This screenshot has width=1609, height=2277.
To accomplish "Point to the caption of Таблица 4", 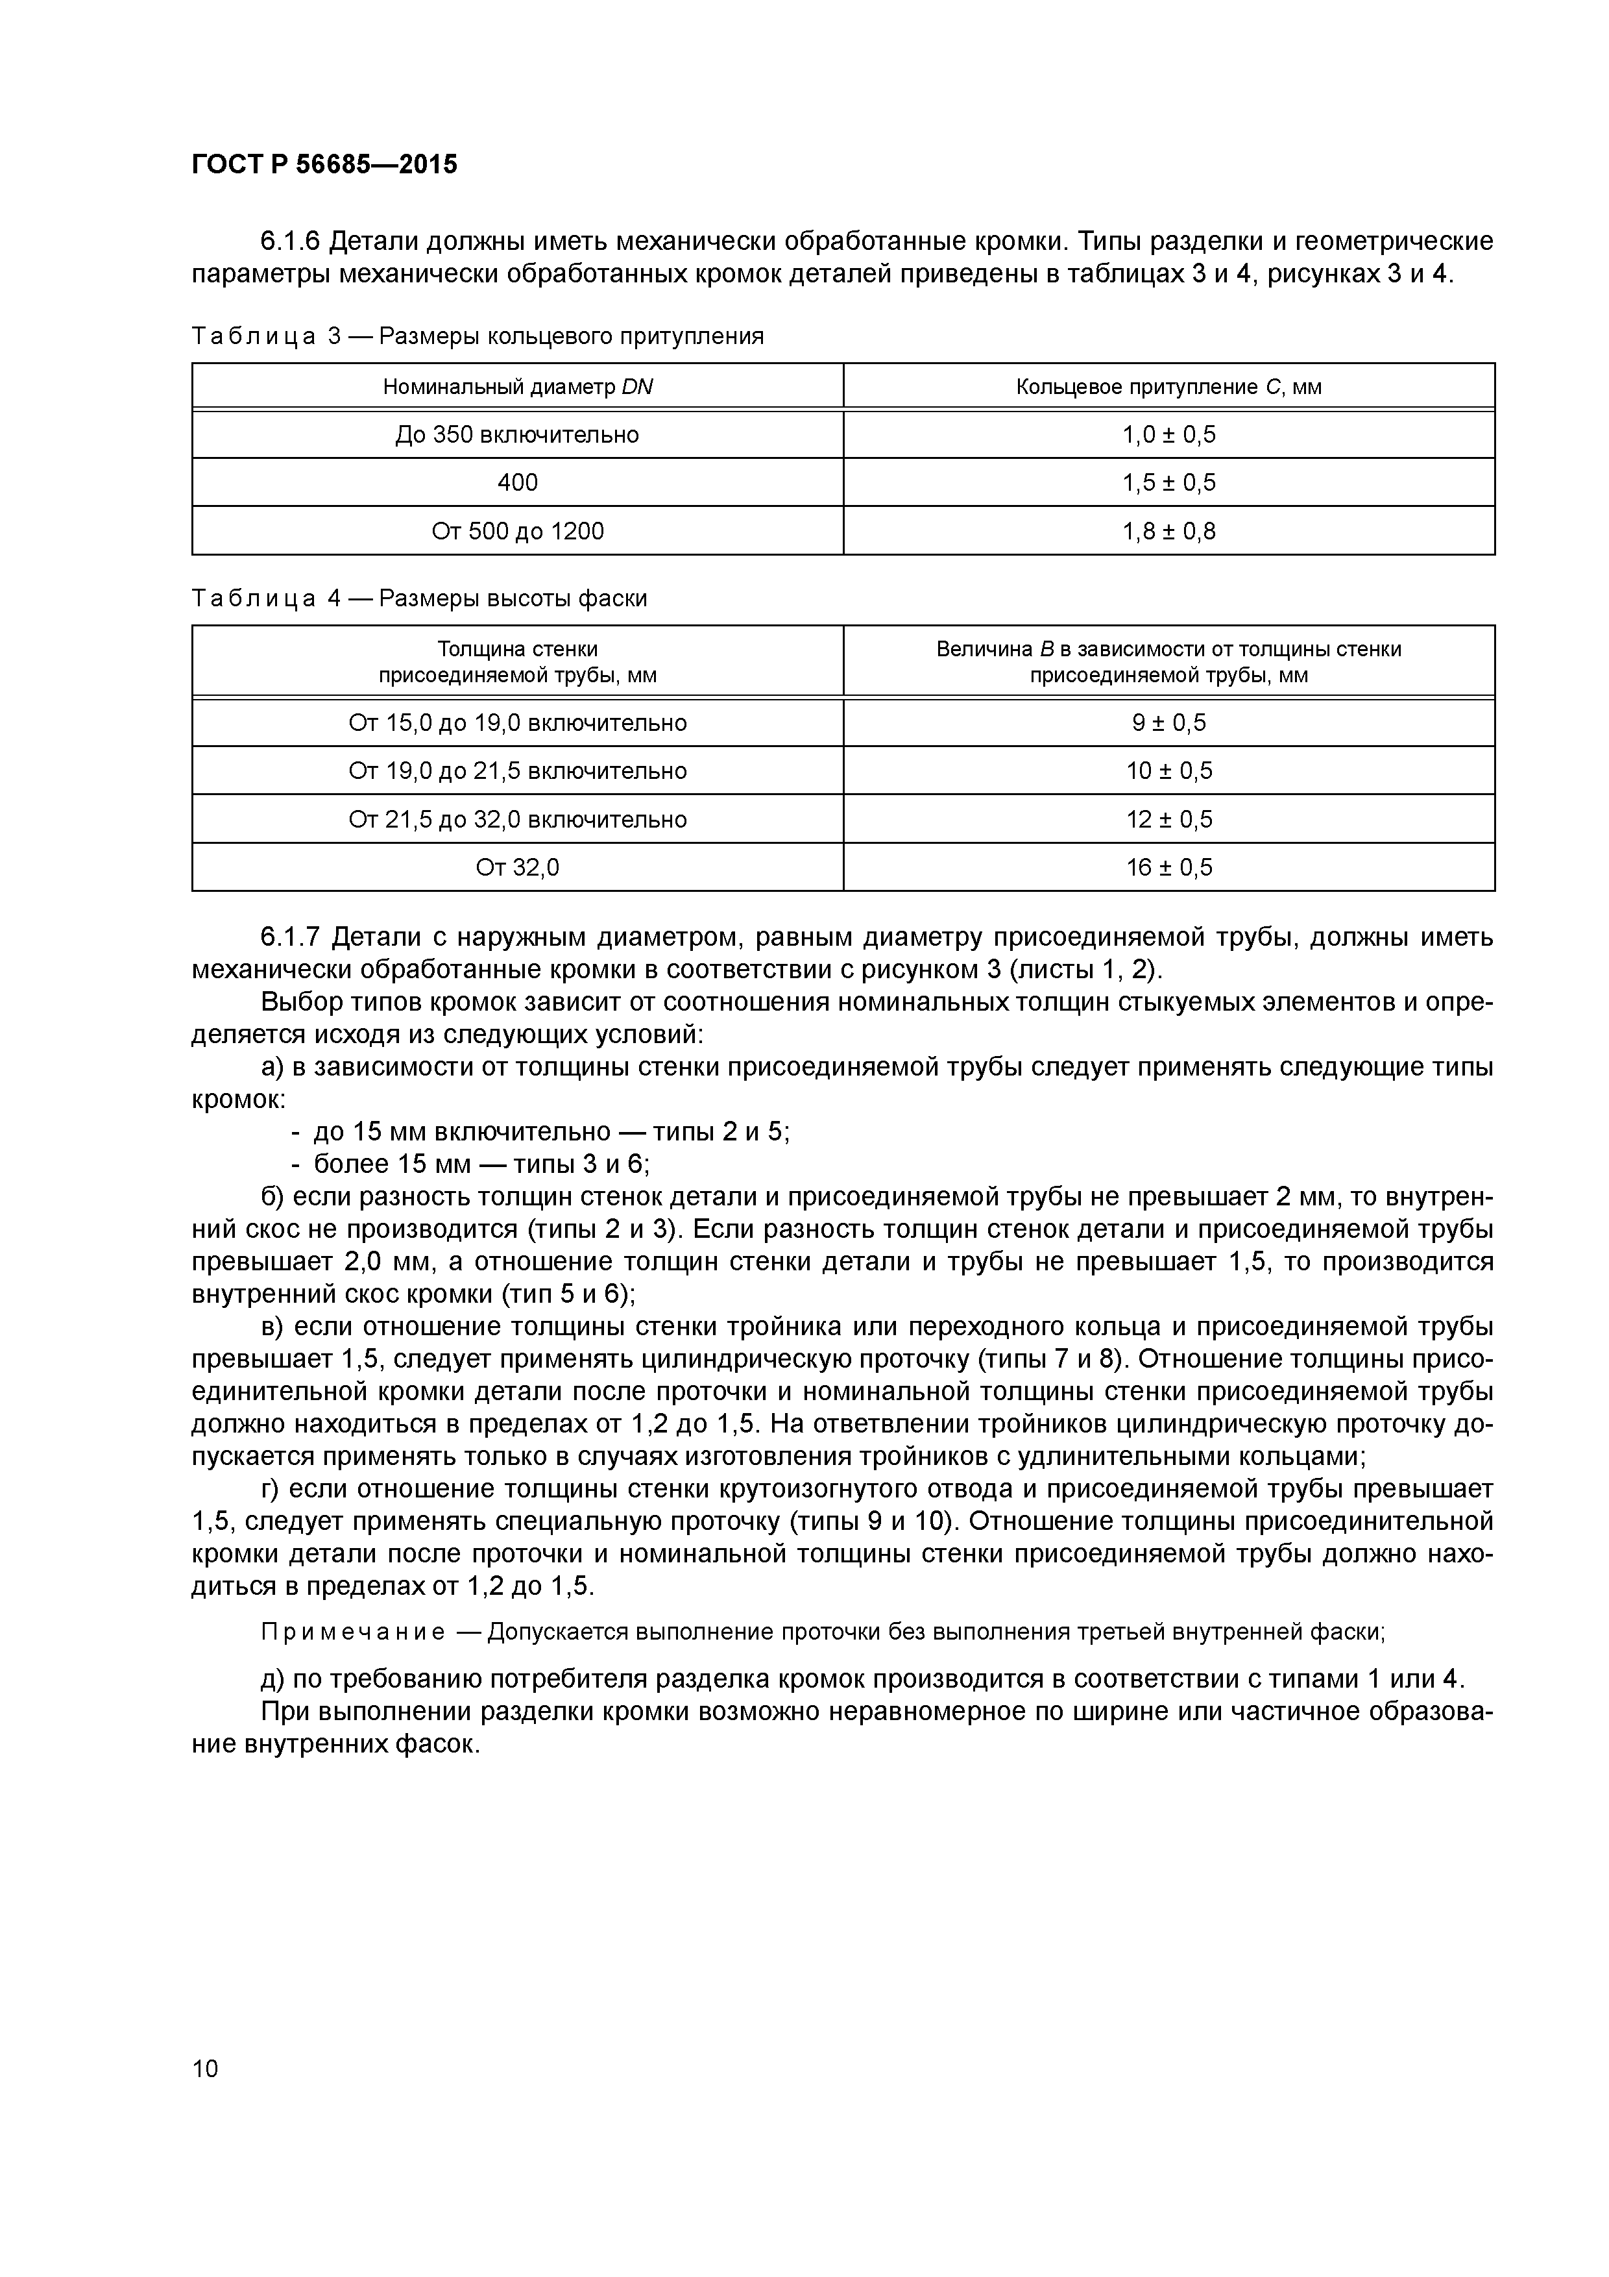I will tap(418, 598).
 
